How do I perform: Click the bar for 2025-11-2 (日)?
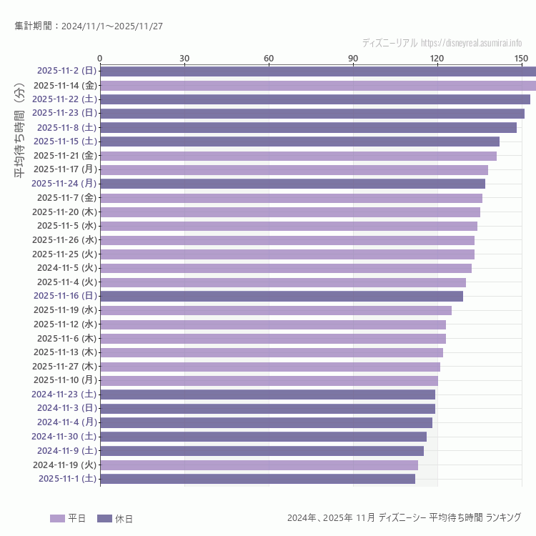(318, 71)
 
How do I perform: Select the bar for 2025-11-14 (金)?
(318, 85)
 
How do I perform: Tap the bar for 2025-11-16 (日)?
(282, 296)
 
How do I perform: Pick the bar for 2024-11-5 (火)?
(286, 268)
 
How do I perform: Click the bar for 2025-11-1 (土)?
(257, 479)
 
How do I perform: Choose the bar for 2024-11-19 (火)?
(259, 465)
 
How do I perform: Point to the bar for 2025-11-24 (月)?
(292, 184)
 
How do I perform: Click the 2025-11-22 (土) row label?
(64, 99)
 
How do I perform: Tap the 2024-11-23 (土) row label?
(64, 394)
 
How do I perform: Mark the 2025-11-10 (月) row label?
(65, 380)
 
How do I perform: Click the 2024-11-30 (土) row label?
(64, 436)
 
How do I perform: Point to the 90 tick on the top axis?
(353, 58)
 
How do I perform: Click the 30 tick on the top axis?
(184, 58)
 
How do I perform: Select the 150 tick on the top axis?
(521, 58)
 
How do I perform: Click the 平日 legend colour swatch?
(57, 518)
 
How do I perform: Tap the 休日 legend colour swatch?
(104, 518)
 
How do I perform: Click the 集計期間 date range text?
(89, 26)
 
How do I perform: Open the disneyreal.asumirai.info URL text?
(471, 43)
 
